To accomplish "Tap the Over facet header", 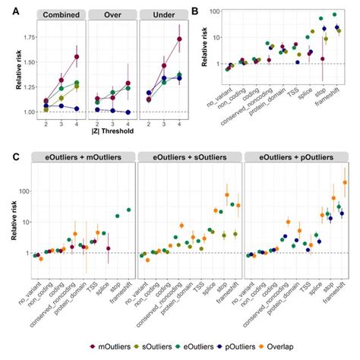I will tap(112, 15).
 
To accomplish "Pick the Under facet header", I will tap(159, 15).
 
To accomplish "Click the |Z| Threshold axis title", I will tap(111, 131).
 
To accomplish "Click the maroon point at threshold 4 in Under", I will tap(178, 39).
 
